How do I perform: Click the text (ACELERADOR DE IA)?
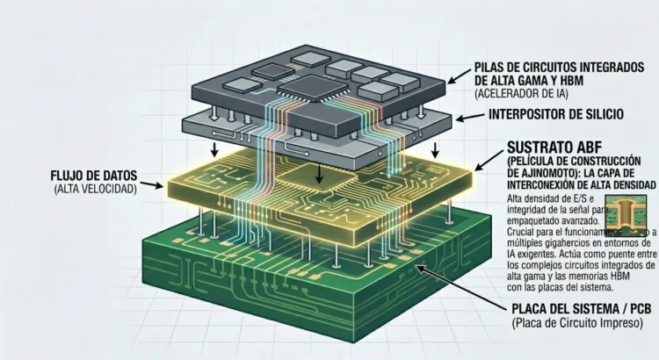coord(521,93)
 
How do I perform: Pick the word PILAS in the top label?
coord(490,66)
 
